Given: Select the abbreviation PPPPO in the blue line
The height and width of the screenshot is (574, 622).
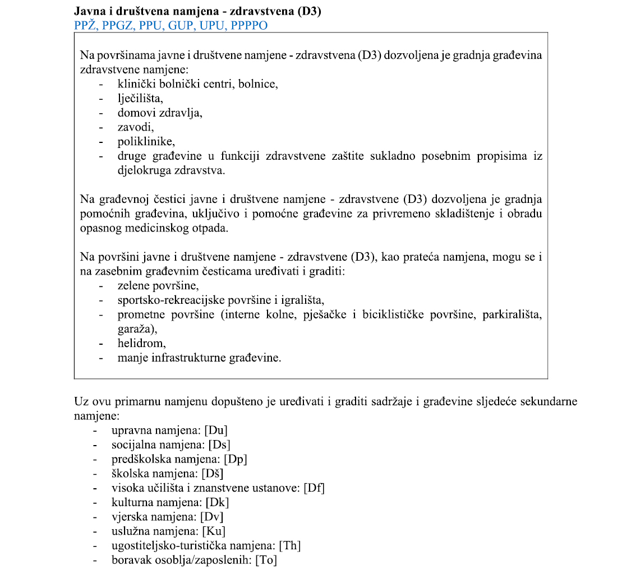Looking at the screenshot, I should coord(248,25).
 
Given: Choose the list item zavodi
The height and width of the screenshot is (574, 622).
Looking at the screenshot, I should coord(135,127).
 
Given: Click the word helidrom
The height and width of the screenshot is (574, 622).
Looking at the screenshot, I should coord(141,342).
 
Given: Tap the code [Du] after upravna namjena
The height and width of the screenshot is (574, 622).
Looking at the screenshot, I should coord(216,430).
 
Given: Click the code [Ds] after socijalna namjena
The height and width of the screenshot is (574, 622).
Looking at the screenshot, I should coord(219,445).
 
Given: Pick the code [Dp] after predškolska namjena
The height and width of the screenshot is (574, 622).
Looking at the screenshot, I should coord(236,459).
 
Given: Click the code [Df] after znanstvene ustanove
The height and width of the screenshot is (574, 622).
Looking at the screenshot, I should coord(314,488).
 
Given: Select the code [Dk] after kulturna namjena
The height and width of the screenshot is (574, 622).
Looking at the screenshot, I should coord(218,502).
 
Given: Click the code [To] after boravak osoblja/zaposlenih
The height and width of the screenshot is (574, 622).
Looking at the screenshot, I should coord(266,559).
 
